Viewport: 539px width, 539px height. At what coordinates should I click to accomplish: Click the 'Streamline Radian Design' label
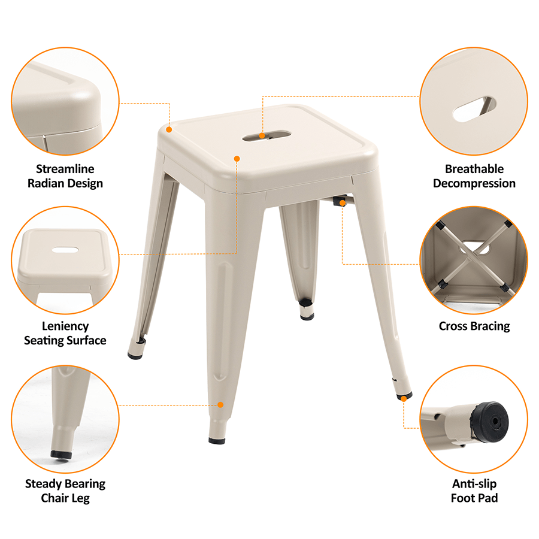coord(65,176)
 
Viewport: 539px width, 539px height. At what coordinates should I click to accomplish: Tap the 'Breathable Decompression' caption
coord(474,176)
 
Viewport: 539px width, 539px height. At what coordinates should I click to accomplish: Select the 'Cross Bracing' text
coord(474,326)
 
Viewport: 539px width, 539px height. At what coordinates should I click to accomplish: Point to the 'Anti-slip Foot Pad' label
coord(474,490)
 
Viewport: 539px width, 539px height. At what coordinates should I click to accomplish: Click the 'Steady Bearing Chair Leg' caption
coord(65,490)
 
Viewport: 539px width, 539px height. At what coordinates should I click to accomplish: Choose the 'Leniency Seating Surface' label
coord(65,333)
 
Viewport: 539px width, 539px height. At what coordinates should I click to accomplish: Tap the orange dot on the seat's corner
coord(169,129)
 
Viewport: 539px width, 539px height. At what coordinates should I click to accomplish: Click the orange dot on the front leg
coord(220,405)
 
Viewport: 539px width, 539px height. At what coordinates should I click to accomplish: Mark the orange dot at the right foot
coord(404,398)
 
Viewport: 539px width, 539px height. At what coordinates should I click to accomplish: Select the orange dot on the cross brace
coord(343,203)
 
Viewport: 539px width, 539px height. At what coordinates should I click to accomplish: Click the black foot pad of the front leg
coord(217,440)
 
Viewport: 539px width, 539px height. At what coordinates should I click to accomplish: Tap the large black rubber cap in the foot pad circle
coord(489,422)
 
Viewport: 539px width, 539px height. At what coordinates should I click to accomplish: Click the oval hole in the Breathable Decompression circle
coord(474,109)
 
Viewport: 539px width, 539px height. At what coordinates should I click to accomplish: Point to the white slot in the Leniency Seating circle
coord(65,250)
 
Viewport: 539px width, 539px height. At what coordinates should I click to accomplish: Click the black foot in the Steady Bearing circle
coord(61,455)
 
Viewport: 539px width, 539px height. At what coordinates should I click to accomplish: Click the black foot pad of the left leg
coord(135,355)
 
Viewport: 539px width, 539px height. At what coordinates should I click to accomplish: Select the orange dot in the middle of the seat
coord(237,159)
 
